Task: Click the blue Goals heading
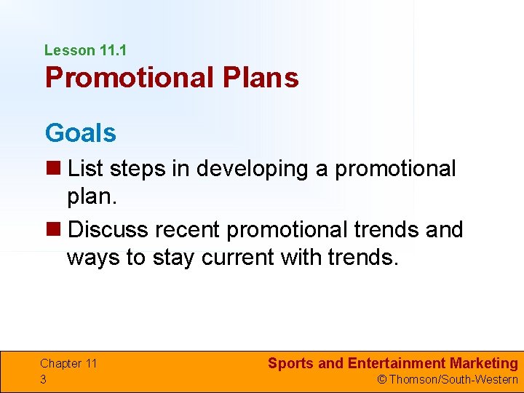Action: pos(80,133)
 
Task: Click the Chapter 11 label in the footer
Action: pos(68,363)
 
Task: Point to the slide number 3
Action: pos(44,379)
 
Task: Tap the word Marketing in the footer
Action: pos(484,363)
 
